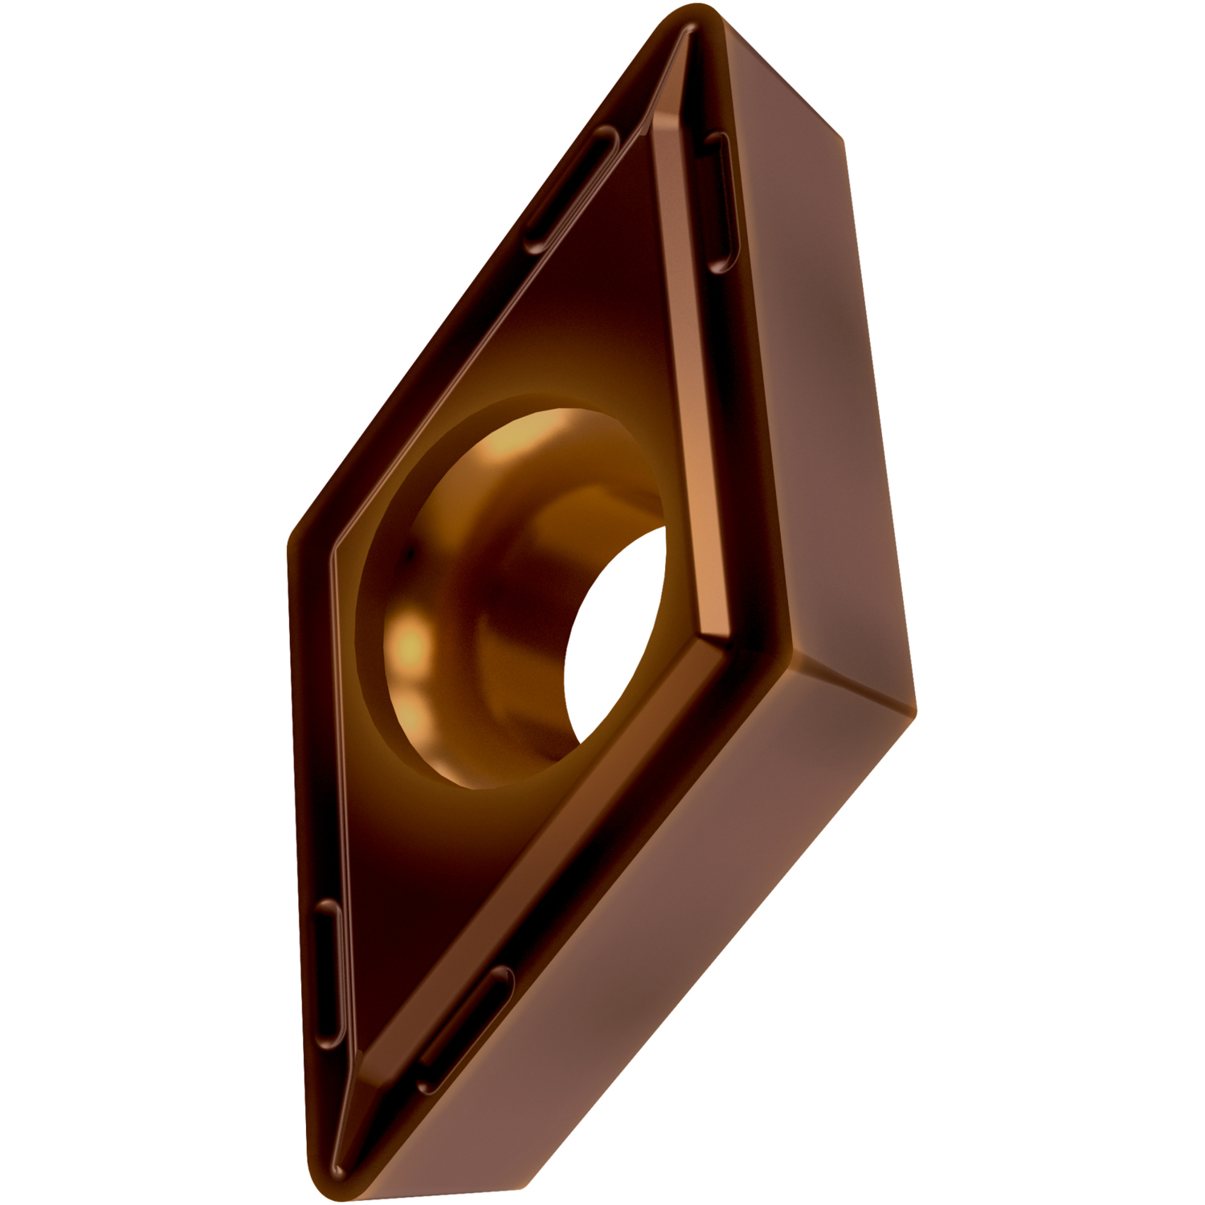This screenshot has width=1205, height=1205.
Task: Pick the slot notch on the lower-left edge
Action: click(328, 972)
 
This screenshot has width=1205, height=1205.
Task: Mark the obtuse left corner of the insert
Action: click(292, 546)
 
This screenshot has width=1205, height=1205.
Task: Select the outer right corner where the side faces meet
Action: click(912, 707)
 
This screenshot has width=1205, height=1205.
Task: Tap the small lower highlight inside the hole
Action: click(414, 711)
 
